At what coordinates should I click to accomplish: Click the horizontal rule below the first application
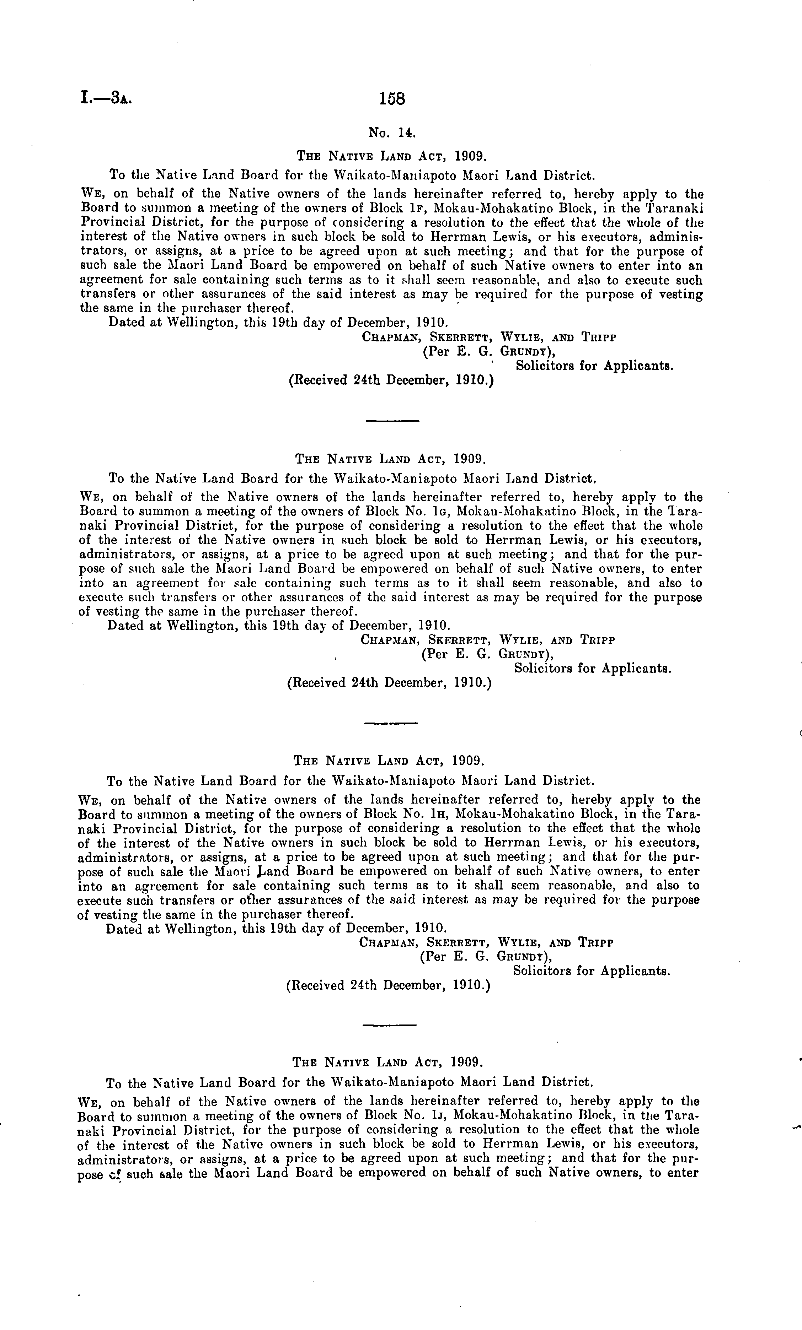pos(392,421)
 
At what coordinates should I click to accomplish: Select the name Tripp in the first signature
pos(598,338)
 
